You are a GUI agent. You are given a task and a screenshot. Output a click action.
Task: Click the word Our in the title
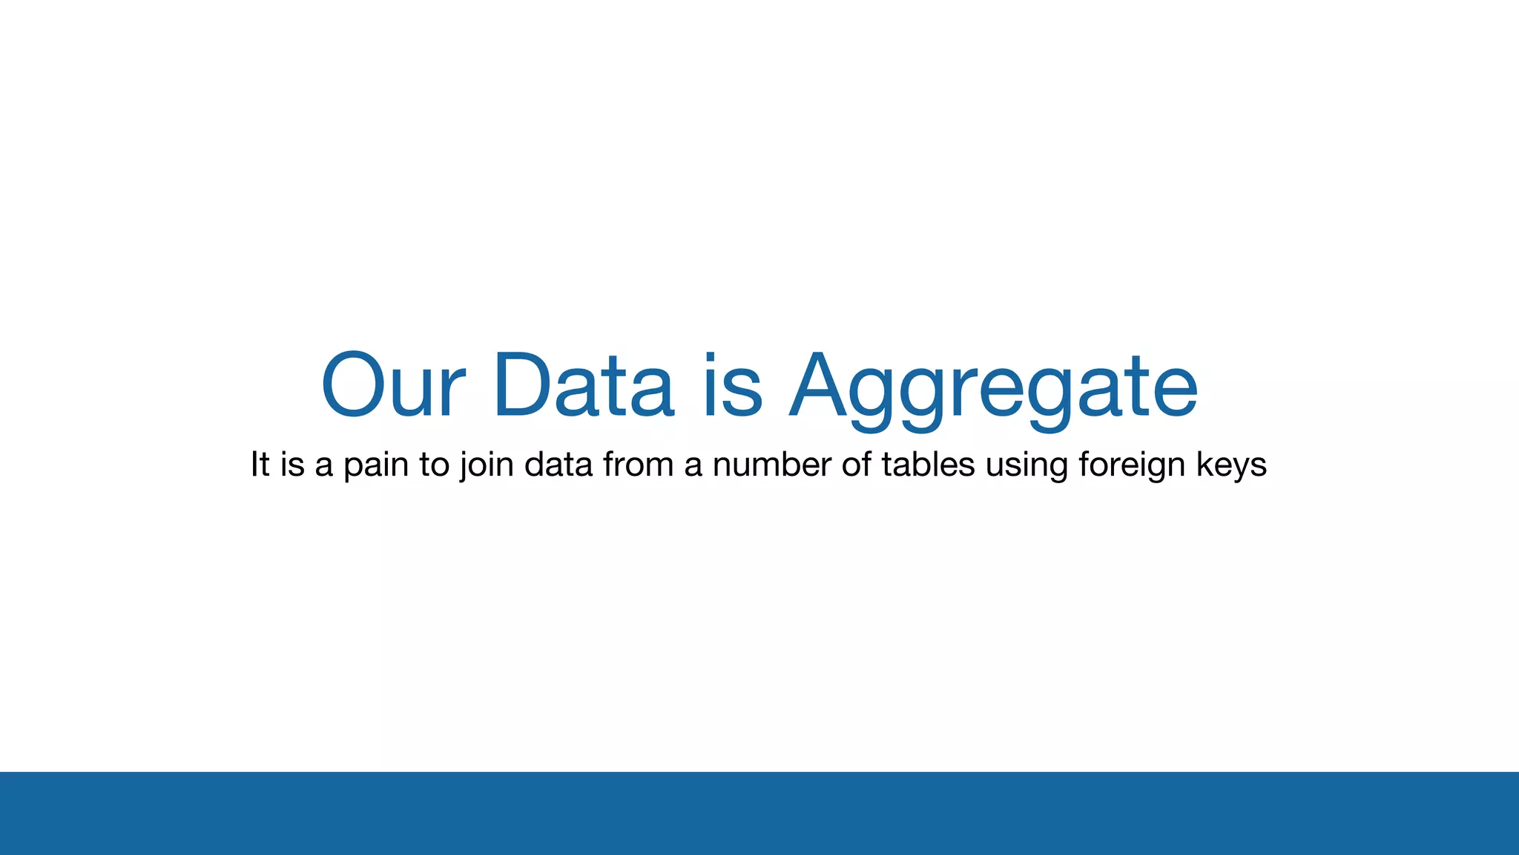point(393,386)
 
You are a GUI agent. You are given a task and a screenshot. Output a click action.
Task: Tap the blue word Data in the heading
point(583,386)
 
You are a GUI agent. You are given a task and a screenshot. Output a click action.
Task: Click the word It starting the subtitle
point(260,465)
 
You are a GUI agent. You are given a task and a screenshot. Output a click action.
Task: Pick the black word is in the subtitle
point(292,465)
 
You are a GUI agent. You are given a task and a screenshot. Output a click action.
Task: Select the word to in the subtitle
point(435,465)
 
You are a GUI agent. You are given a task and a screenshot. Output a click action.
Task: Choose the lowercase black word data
point(558,465)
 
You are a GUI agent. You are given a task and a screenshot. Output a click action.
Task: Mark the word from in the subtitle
point(637,465)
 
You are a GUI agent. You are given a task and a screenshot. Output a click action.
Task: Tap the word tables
point(928,465)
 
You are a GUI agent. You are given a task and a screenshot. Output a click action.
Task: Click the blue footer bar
point(759,813)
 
